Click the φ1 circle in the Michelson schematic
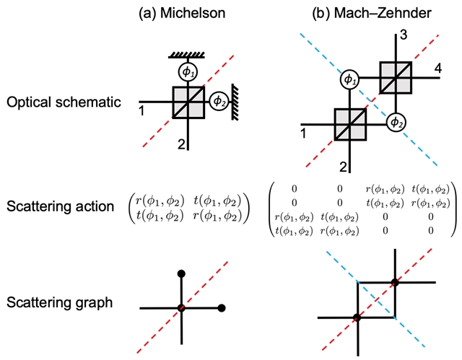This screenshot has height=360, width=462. click(188, 72)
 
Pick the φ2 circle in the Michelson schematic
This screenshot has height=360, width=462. click(217, 102)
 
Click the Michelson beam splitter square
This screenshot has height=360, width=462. click(188, 102)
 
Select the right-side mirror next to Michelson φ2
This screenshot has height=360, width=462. click(235, 102)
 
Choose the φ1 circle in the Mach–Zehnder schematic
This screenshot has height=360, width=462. click(349, 79)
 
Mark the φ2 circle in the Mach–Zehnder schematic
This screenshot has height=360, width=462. click(395, 123)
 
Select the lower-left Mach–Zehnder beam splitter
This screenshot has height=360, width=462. click(350, 123)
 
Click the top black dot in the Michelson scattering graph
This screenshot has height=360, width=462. click(181, 274)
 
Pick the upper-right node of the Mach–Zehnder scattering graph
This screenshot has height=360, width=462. click(394, 281)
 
